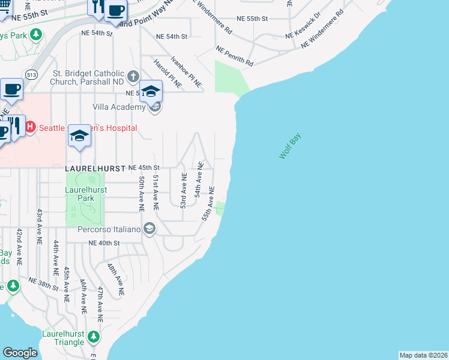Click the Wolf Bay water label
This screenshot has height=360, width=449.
click(291, 146)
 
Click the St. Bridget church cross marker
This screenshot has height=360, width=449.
click(133, 77)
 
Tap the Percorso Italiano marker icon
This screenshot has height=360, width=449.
click(149, 229)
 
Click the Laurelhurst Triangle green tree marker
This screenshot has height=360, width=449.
click(93, 337)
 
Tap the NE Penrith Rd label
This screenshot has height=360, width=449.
click(235, 56)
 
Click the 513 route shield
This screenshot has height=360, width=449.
click(32, 74)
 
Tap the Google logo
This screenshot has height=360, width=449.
click(20, 353)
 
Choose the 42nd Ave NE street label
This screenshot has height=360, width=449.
click(19, 247)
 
